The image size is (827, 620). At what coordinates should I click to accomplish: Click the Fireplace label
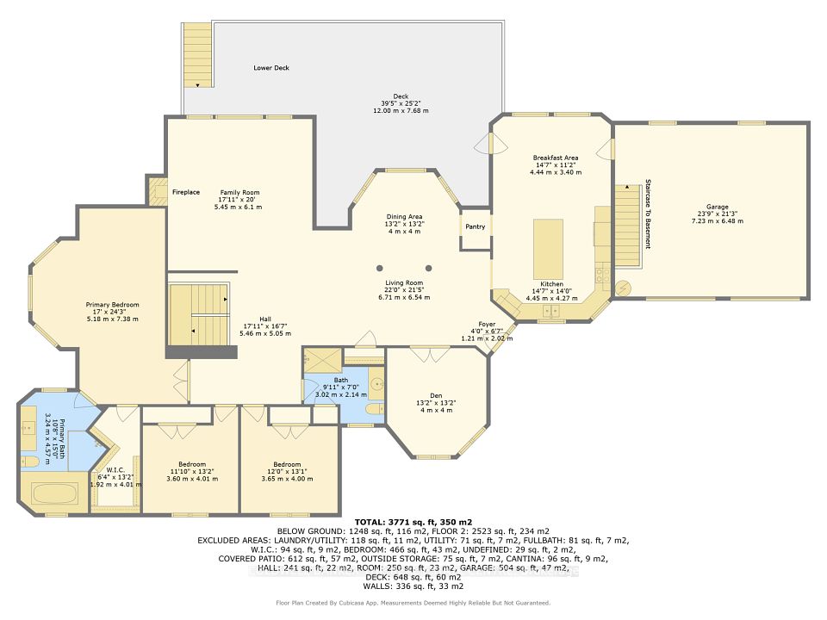tap(185, 192)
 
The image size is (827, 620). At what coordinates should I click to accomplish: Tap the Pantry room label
tap(475, 227)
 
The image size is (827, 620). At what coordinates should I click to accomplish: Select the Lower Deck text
tap(270, 67)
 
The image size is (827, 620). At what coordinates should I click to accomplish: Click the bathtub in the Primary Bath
tap(53, 496)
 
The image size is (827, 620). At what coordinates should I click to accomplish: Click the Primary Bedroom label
tap(112, 305)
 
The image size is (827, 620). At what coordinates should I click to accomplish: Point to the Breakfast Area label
tap(555, 158)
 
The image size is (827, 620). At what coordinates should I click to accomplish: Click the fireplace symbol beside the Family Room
tap(158, 191)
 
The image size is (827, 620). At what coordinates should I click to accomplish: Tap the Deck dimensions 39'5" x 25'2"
tap(401, 103)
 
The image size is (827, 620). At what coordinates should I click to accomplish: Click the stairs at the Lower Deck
tap(197, 53)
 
